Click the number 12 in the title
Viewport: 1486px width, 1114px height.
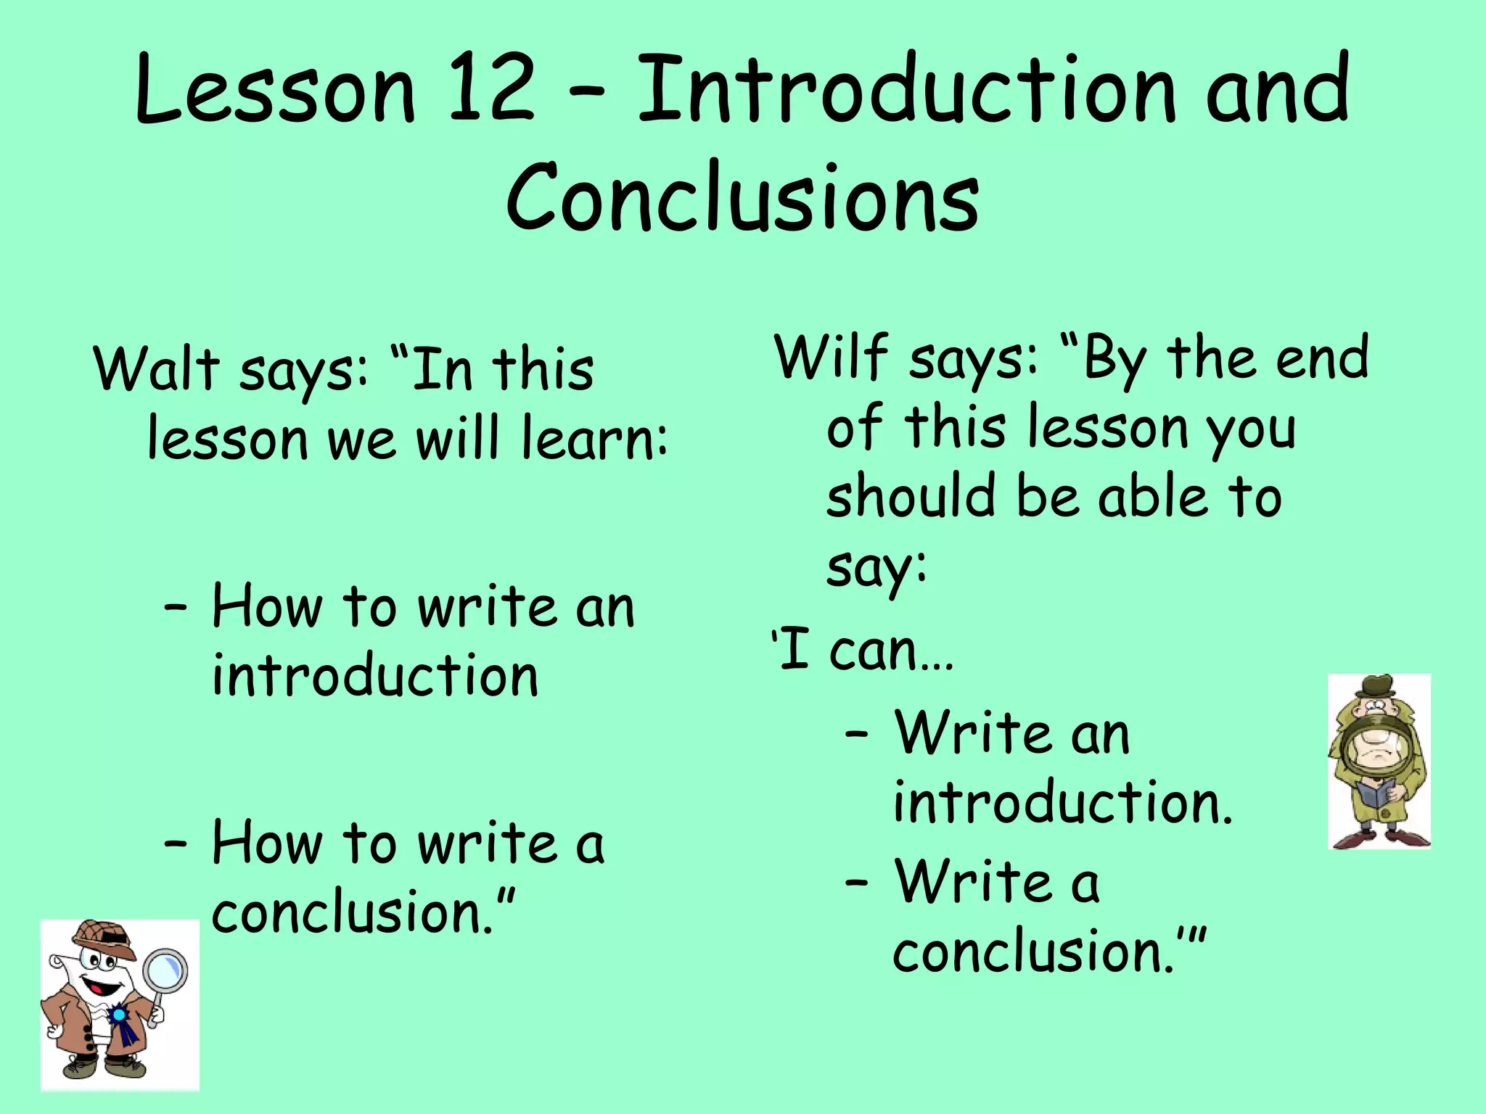[491, 90]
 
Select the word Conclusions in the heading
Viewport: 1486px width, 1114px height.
[742, 197]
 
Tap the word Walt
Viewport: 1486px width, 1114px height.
[156, 368]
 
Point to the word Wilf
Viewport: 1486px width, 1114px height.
[832, 357]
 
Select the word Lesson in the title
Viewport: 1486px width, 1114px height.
[275, 90]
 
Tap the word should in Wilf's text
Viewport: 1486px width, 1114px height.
[910, 496]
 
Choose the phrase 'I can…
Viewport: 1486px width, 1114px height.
[862, 650]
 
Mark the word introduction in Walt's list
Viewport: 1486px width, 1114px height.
[374, 675]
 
